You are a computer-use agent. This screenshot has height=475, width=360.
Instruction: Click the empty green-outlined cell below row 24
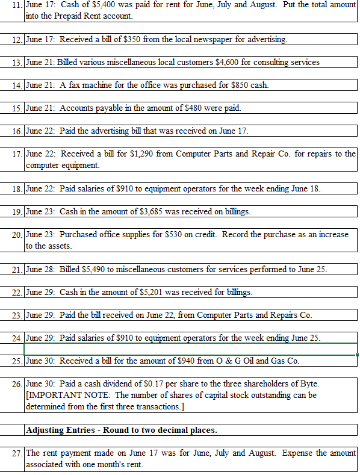(190, 349)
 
